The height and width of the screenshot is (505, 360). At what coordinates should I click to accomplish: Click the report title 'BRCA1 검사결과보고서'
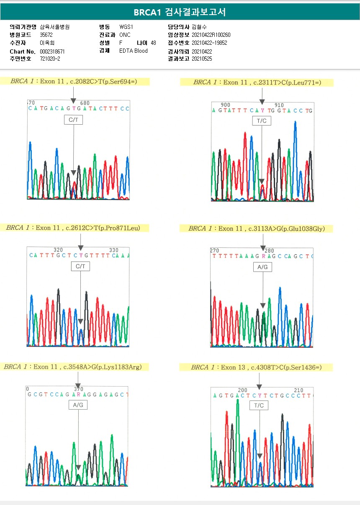pyautogui.click(x=180, y=12)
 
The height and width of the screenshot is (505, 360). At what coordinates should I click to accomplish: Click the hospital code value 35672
pyautogui.click(x=46, y=35)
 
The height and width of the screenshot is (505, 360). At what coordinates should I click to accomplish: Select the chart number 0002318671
pyautogui.click(x=52, y=51)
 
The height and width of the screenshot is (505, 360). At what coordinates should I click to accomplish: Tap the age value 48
pyautogui.click(x=153, y=43)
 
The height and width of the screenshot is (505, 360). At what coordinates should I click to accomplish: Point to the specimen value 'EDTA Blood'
pyautogui.click(x=134, y=51)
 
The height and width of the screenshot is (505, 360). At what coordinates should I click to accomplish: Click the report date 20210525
pyautogui.click(x=202, y=59)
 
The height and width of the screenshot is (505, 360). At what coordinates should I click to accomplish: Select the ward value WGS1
pyautogui.click(x=126, y=27)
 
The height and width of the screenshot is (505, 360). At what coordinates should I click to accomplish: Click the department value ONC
pyautogui.click(x=125, y=35)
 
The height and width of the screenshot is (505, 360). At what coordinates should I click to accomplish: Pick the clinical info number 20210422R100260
pyautogui.click(x=211, y=35)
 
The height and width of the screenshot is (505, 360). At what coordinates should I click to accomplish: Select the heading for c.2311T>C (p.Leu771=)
pyautogui.click(x=257, y=82)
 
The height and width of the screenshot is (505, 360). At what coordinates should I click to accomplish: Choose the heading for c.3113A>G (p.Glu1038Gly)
pyautogui.click(x=256, y=228)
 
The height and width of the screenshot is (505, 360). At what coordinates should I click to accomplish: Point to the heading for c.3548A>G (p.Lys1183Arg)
pyautogui.click(x=73, y=367)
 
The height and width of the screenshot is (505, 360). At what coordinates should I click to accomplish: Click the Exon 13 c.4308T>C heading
pyautogui.click(x=256, y=367)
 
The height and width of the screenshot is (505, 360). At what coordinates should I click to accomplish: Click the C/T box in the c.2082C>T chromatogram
pyautogui.click(x=74, y=120)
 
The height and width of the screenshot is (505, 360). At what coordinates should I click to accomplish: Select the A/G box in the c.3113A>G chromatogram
pyautogui.click(x=262, y=267)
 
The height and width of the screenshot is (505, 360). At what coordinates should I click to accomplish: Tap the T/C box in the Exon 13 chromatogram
pyautogui.click(x=259, y=405)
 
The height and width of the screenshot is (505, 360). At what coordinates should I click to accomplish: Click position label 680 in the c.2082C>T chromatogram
pyautogui.click(x=85, y=103)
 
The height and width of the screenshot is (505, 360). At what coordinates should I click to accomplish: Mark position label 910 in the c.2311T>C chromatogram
pyautogui.click(x=279, y=105)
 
